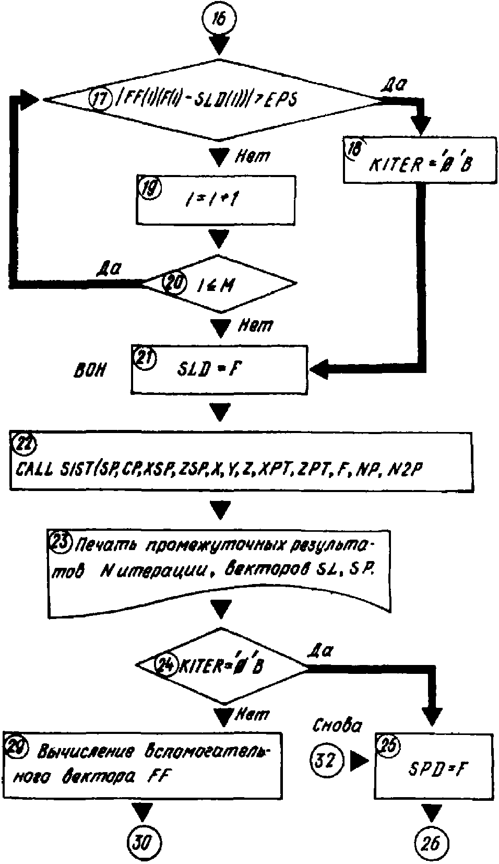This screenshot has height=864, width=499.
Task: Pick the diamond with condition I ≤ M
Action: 220,284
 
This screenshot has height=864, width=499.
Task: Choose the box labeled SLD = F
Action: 219,369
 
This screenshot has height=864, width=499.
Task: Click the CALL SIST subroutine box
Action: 241,461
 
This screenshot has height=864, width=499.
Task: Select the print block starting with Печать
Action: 219,571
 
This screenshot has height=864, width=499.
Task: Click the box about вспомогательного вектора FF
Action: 142,765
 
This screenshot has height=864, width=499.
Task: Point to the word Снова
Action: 337,725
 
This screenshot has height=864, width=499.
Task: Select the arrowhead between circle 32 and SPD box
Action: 359,761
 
